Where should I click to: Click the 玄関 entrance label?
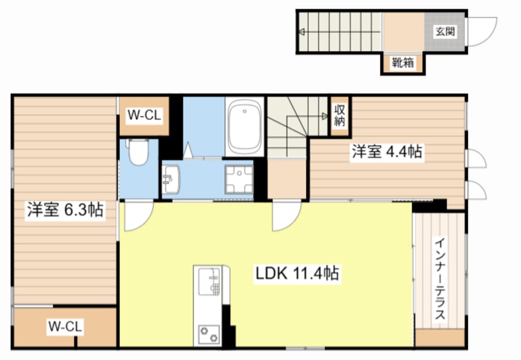(445, 31)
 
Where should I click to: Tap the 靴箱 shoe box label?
(403, 62)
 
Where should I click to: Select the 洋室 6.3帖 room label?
(65, 210)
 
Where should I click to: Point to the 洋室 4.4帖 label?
(387, 151)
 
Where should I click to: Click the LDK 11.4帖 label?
(297, 273)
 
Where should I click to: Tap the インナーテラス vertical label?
(440, 278)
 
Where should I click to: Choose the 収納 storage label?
(339, 115)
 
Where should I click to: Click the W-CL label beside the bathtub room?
(144, 115)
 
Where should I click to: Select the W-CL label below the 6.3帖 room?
(65, 326)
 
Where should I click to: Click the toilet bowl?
(139, 152)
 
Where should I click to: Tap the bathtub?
(244, 126)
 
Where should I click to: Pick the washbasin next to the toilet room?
(171, 178)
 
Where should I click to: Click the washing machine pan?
(239, 179)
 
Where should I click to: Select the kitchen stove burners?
(209, 334)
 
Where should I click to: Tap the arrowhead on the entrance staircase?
(302, 32)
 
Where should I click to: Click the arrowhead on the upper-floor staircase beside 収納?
(325, 116)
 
